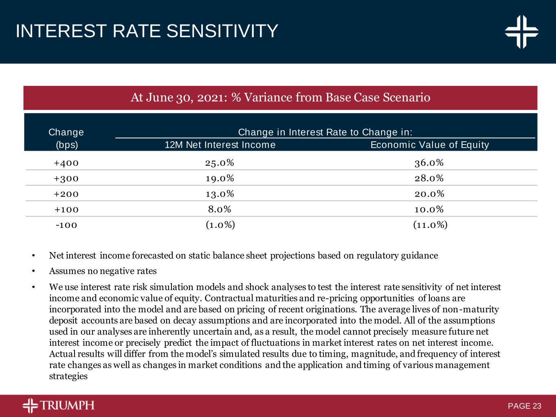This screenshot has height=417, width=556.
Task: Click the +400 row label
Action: [x=66, y=163]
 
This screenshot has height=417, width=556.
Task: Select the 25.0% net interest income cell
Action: [x=220, y=163]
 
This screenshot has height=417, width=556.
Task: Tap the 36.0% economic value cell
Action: [x=429, y=163]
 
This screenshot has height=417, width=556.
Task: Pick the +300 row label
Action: [x=66, y=178]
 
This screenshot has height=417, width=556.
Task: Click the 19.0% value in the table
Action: [x=220, y=178]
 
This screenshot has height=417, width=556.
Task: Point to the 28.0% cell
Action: [x=429, y=178]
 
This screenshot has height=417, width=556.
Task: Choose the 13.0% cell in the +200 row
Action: [x=220, y=194]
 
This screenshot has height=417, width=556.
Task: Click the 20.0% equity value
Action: [x=429, y=194]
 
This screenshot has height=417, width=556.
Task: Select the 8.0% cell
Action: [x=220, y=209]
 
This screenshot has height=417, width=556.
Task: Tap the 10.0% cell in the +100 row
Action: [x=429, y=209]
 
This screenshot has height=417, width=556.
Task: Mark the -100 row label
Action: [x=66, y=225]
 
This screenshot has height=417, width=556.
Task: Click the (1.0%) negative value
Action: [x=220, y=225]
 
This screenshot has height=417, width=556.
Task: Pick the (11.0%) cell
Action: [x=430, y=225]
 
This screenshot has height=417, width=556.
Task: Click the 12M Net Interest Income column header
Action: [x=220, y=145]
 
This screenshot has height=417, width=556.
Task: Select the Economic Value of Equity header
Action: [x=429, y=145]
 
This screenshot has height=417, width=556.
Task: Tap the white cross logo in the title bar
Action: [x=522, y=31]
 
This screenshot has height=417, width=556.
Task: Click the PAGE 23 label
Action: [x=525, y=406]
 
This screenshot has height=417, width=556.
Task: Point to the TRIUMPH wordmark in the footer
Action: [x=67, y=406]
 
